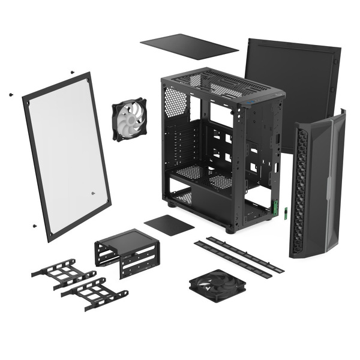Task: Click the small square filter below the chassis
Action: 169,224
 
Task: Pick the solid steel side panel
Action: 292,90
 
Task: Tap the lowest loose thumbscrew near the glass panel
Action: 34,226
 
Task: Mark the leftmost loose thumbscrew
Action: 11,94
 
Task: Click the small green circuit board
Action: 286,213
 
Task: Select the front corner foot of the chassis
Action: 230,229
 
